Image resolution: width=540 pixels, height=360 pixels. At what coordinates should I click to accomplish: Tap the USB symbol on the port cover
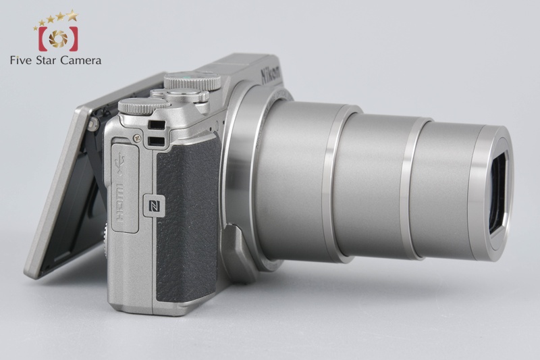pyautogui.click(x=121, y=162)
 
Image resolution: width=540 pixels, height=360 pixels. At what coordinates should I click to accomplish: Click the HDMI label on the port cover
pyautogui.click(x=122, y=203)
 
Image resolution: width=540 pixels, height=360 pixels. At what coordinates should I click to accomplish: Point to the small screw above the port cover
pyautogui.click(x=137, y=138)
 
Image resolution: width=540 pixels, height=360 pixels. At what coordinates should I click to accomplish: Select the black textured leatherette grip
pyautogui.click(x=188, y=220)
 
